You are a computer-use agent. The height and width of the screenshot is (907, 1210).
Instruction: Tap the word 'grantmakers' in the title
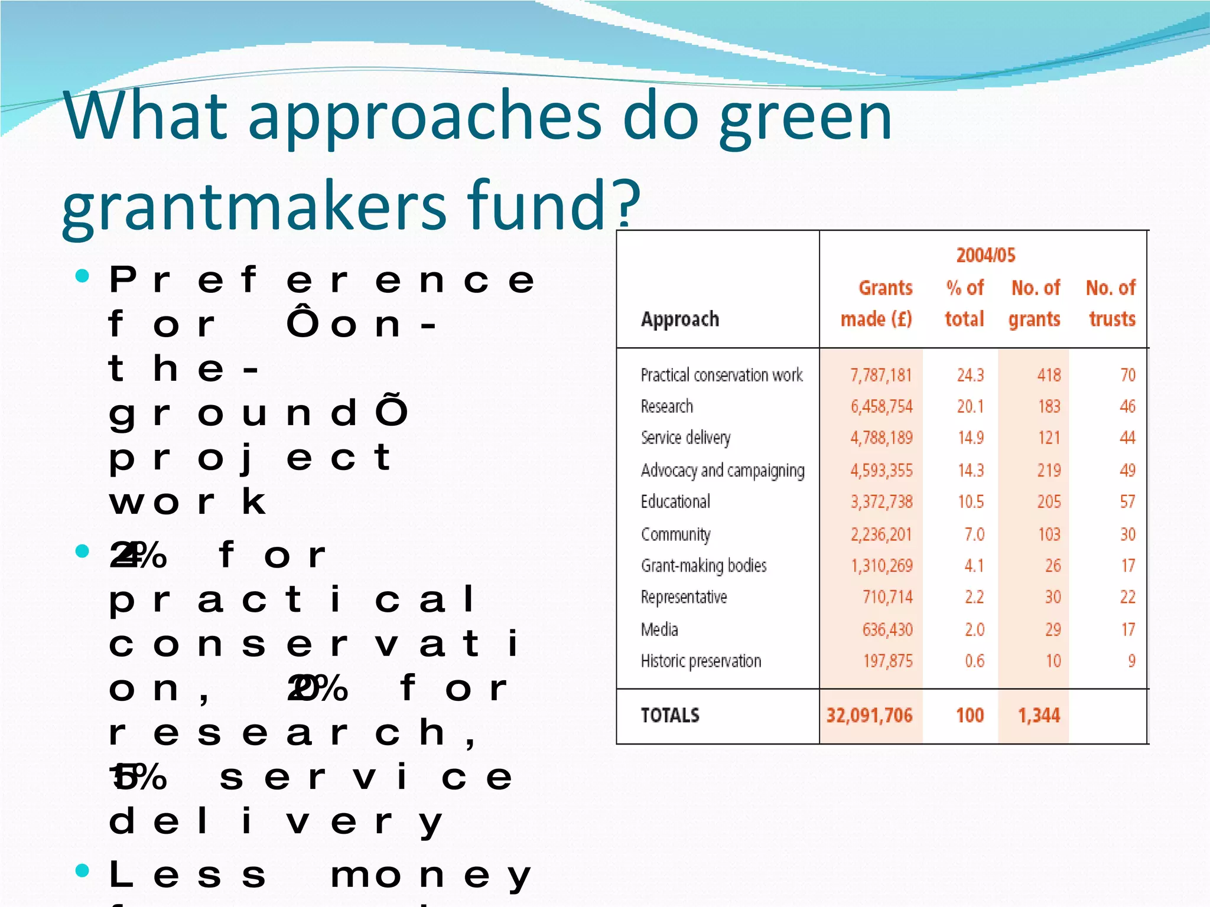(254, 206)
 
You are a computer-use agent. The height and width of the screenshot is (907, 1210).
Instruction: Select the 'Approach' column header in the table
(680, 319)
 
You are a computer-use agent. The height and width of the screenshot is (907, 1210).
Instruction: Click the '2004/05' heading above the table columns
(985, 255)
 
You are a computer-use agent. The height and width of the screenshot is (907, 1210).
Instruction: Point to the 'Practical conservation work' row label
(721, 375)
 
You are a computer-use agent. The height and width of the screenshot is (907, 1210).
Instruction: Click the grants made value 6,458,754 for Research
(882, 406)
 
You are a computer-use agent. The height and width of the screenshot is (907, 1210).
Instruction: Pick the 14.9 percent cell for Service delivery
(970, 438)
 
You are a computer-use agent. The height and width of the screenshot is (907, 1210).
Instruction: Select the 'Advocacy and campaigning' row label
(723, 470)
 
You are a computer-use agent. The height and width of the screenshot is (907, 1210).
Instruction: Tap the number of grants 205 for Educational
(1049, 502)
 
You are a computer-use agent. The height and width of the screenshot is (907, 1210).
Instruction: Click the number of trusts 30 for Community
(1127, 534)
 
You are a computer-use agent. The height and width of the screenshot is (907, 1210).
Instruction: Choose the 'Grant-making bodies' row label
(704, 566)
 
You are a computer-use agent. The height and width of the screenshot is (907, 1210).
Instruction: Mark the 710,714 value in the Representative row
(887, 597)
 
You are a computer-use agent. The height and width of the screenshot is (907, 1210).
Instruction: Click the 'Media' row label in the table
(659, 629)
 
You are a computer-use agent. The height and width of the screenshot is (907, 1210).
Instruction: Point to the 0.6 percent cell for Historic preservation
(974, 661)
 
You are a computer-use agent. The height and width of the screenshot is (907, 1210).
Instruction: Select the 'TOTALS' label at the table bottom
(670, 716)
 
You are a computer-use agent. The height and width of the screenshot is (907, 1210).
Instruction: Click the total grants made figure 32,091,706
(869, 716)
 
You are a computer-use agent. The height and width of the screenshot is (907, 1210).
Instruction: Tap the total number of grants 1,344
(1039, 716)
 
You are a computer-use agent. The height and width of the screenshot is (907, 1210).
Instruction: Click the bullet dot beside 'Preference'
(83, 276)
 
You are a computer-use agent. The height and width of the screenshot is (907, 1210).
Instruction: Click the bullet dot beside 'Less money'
(83, 870)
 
